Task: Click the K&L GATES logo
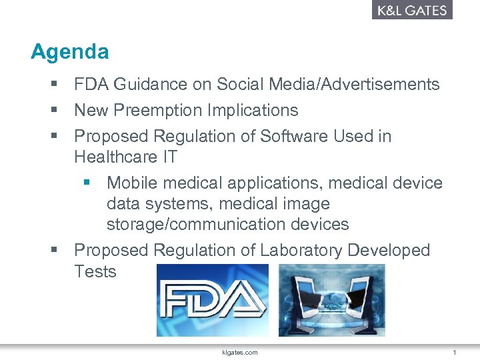point(412,10)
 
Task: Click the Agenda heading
point(69,51)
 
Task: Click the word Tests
point(95,271)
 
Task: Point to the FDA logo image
point(212,300)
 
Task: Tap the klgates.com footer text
point(240,352)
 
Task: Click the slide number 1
point(454,352)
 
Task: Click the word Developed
point(394,250)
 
